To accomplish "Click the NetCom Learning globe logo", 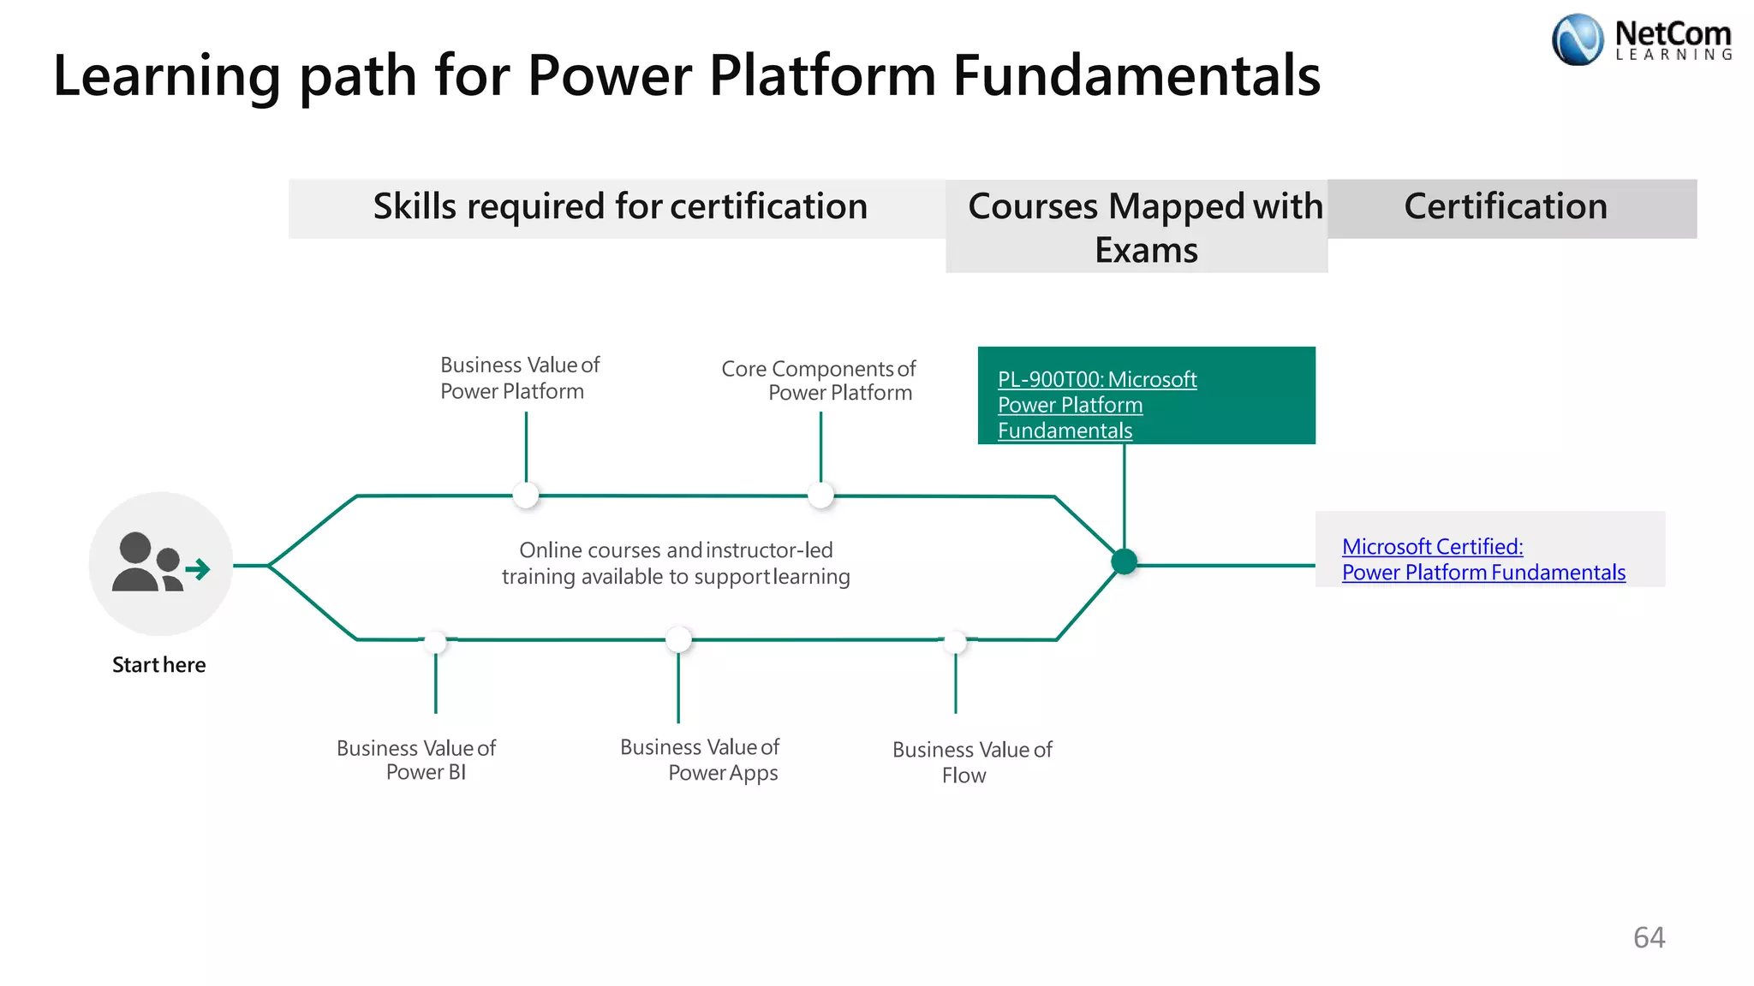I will coord(1577,39).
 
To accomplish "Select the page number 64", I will coord(1649,937).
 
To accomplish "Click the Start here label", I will coord(158,665).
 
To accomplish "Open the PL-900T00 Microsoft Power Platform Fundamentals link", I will coord(1096,404).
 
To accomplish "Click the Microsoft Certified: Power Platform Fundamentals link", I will coord(1483,559).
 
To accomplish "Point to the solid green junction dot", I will coord(1124,561).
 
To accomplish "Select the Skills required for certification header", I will coord(619,207).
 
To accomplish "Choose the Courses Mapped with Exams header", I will coord(1145,228).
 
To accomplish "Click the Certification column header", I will coord(1505,207).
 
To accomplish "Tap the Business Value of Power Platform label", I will coord(519,377).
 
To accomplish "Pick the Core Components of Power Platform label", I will coord(819,380).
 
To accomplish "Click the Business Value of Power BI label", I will coord(417,760).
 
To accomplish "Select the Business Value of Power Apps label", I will coord(701,760).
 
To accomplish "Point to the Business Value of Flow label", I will coord(972,762).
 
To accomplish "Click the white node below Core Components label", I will coord(820,495).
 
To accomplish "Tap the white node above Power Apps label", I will coord(678,639).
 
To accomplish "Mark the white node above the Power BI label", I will coord(435,641).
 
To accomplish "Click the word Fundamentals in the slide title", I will coord(1136,75).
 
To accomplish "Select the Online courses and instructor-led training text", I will coord(676,563).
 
